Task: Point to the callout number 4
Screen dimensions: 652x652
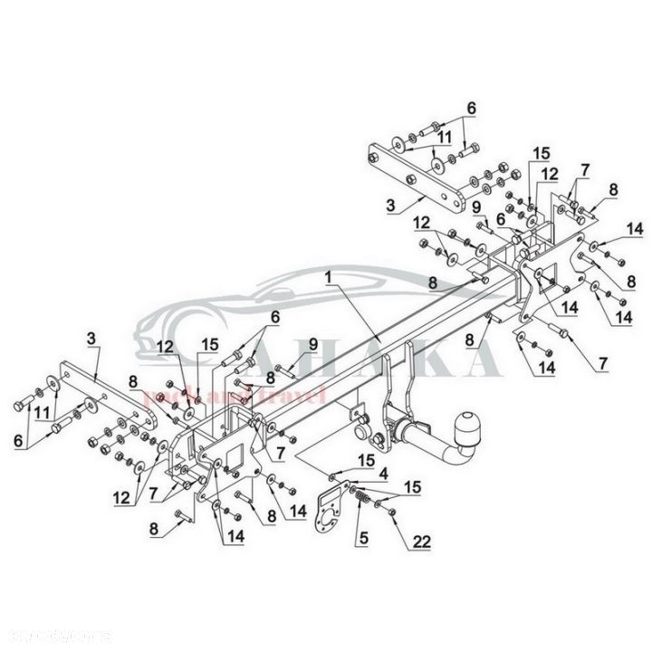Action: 383,473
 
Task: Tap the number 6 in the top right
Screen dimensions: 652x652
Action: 469,106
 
